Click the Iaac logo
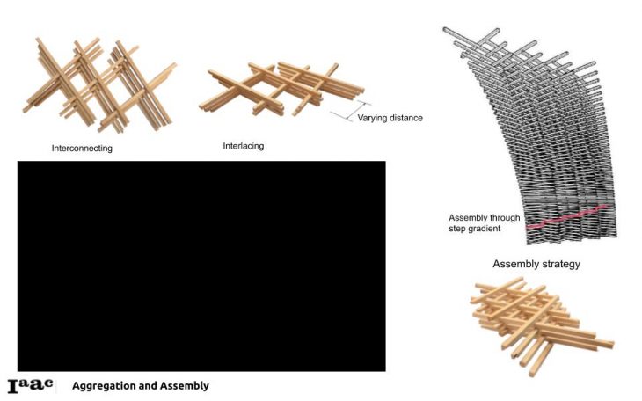31,385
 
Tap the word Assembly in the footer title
186,386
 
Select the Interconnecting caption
82,149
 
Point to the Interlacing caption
244,146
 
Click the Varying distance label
390,117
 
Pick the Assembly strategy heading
536,264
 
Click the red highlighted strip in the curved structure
567,216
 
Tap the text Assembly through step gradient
485,223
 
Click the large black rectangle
201,266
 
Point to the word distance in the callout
406,117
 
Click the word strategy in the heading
560,264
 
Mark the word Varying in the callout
372,117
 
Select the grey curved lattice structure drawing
536,132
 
